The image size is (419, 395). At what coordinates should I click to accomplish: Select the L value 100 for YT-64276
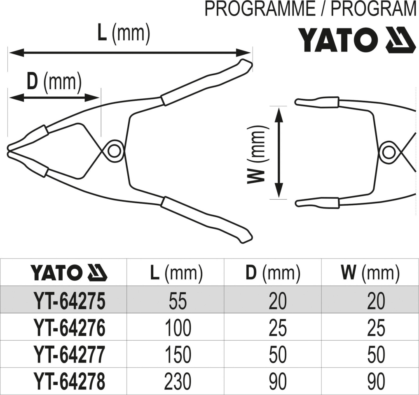[178, 328]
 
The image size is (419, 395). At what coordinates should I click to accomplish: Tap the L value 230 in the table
[178, 381]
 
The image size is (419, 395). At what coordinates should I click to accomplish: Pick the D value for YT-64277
[278, 354]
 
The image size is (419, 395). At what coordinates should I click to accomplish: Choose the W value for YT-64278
[376, 381]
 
